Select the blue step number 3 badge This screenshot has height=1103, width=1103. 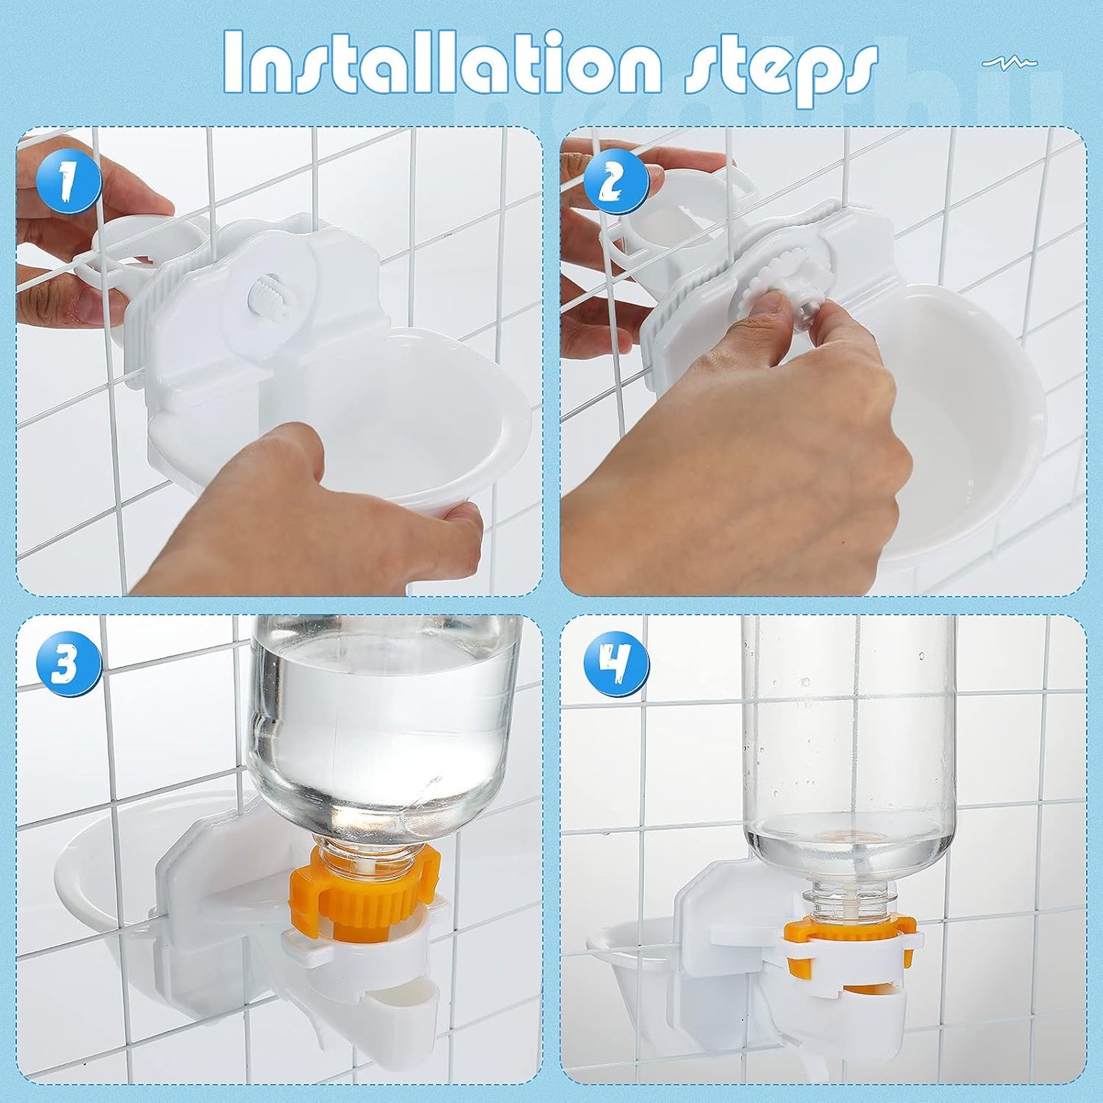69,663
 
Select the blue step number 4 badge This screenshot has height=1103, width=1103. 616,663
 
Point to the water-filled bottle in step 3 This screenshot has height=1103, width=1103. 382,725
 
